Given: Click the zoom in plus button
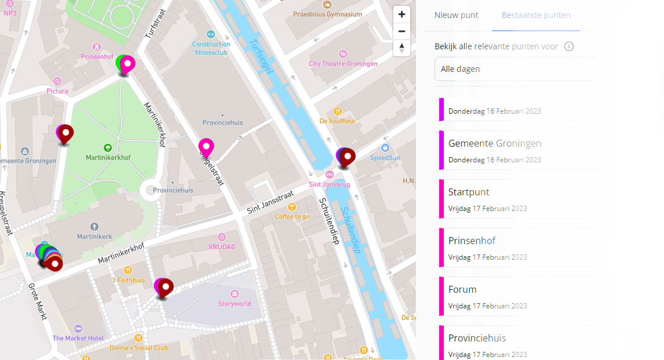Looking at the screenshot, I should tap(402, 14).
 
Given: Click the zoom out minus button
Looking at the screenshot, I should tap(402, 31).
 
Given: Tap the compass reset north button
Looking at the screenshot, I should tap(402, 48).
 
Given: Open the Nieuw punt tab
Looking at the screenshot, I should tap(457, 15).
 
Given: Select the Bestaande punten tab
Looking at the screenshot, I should tap(536, 15).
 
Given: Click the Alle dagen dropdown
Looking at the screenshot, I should tap(515, 69).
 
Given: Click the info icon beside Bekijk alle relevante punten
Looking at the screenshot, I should tap(569, 46).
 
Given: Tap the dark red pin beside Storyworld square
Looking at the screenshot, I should tap(166, 286).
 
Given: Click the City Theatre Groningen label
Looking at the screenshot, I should tap(343, 64).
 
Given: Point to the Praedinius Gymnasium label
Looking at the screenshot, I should tap(327, 14).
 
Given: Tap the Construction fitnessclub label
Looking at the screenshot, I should tap(211, 48).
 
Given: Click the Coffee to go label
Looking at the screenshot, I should tap(292, 216).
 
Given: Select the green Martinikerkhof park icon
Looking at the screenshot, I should tap(107, 148).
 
